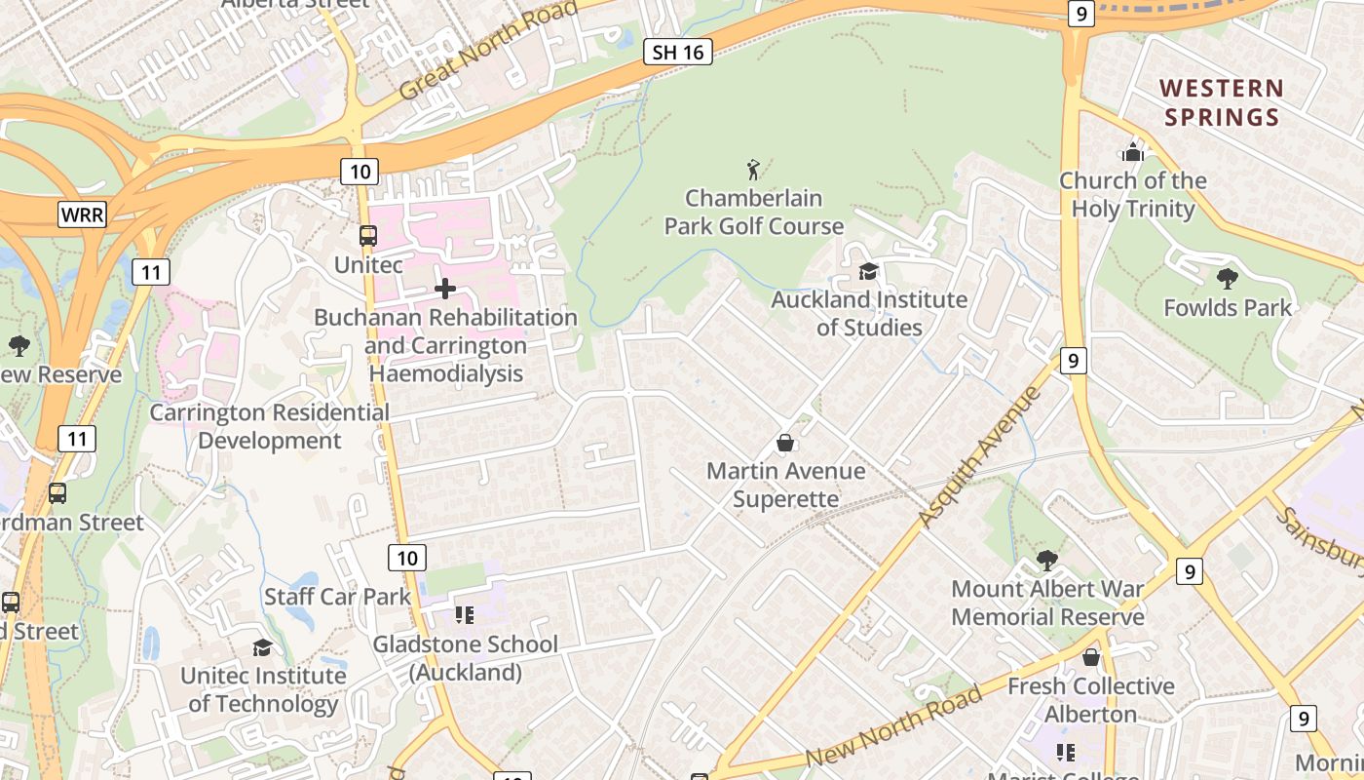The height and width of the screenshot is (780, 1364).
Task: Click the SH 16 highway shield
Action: coord(678,53)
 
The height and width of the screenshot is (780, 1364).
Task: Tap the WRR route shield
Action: coord(82,214)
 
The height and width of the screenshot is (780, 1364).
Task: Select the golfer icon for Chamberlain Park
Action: coord(753,171)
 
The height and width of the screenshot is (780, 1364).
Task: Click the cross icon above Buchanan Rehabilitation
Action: coord(445,289)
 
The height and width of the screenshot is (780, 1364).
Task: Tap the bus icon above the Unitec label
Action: coord(367,236)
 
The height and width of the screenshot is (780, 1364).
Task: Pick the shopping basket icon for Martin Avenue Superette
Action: coord(785,444)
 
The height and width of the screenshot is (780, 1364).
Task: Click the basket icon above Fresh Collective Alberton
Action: coord(1091,658)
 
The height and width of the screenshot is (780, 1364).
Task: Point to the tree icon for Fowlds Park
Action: coord(1228,279)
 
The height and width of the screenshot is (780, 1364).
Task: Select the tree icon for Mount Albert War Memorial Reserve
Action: coord(1047,561)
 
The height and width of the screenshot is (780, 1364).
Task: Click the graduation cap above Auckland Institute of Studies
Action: coord(868,271)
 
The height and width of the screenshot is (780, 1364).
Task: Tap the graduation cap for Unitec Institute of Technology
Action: coord(262,647)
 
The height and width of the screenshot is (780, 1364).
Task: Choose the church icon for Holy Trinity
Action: coord(1132,152)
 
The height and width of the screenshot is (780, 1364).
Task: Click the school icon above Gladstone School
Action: coord(465,615)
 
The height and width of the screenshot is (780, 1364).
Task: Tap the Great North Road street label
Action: coord(489,49)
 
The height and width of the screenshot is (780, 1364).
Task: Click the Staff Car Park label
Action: coord(337,597)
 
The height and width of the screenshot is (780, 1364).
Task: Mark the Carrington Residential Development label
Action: coord(269,427)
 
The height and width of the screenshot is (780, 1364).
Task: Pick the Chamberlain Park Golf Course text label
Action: coord(754,213)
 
